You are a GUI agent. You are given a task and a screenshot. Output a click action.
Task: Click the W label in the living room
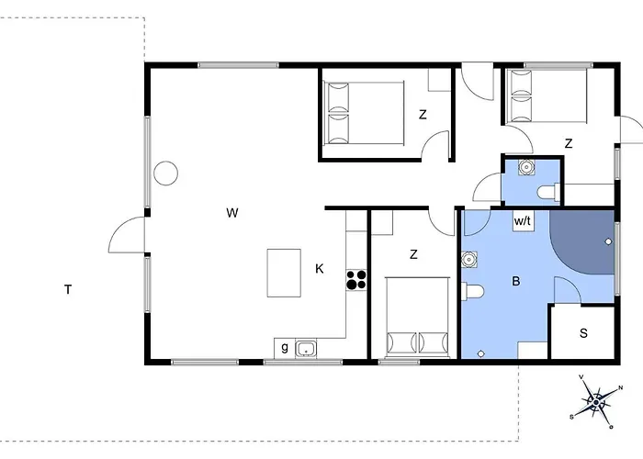[232, 213]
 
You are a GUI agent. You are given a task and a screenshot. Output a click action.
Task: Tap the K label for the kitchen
[320, 269]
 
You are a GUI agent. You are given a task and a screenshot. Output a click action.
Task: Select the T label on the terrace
[68, 290]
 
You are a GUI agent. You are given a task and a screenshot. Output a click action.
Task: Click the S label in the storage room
[583, 333]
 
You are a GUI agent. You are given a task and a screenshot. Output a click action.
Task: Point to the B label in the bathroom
[516, 281]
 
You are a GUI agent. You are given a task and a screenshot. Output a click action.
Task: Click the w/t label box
[523, 222]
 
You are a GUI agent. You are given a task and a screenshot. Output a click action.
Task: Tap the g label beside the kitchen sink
[285, 348]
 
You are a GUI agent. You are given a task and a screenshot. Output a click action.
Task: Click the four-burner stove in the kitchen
[356, 280]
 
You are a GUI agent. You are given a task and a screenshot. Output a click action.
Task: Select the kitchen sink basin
[306, 349]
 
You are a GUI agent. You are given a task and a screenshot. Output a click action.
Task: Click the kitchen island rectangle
[284, 273]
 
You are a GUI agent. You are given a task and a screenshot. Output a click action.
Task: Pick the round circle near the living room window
[165, 173]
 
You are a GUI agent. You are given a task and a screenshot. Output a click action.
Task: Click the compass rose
[596, 402]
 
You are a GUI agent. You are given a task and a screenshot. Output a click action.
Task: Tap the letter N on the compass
[620, 387]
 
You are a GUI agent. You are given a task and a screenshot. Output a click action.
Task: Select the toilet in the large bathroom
[473, 292]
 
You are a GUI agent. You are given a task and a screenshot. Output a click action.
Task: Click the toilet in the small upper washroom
[548, 192]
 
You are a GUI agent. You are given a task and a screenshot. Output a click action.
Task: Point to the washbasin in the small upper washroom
[526, 167]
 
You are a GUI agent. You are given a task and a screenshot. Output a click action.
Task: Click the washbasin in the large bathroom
[468, 259]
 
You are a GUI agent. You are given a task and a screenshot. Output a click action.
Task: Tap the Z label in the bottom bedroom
[413, 254]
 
